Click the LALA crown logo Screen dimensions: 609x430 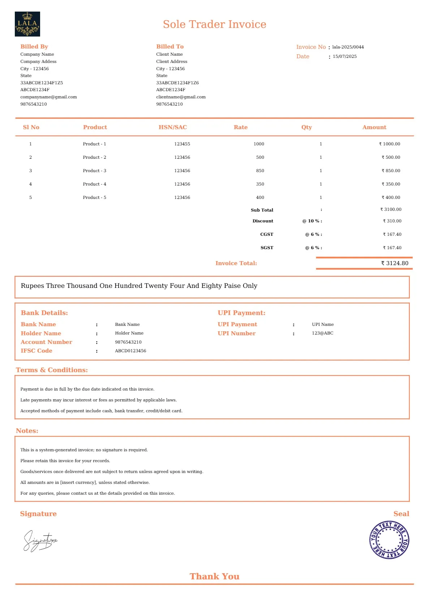(x=27, y=24)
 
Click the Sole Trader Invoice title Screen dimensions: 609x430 (x=214, y=24)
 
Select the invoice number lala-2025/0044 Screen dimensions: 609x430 (x=348, y=47)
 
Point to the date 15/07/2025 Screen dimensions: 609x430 (x=344, y=56)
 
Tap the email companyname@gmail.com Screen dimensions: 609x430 (x=48, y=97)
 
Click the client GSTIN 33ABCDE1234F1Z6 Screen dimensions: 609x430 (x=177, y=83)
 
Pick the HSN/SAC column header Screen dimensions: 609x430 (x=173, y=127)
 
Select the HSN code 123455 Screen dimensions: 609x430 (x=182, y=144)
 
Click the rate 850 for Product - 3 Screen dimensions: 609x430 (x=260, y=171)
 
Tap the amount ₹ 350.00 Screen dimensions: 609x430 (x=391, y=184)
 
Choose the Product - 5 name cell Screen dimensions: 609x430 (x=94, y=197)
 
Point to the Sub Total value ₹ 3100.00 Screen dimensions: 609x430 (x=391, y=209)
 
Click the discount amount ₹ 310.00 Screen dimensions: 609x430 (x=392, y=221)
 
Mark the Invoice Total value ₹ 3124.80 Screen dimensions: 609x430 (x=394, y=263)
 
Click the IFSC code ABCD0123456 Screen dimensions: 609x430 (x=130, y=351)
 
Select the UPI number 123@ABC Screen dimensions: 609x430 (x=322, y=333)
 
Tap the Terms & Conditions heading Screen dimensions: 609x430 (x=52, y=370)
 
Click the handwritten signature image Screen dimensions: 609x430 (x=40, y=541)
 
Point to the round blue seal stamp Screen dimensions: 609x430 (x=389, y=540)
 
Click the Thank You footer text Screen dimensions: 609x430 (x=214, y=576)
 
